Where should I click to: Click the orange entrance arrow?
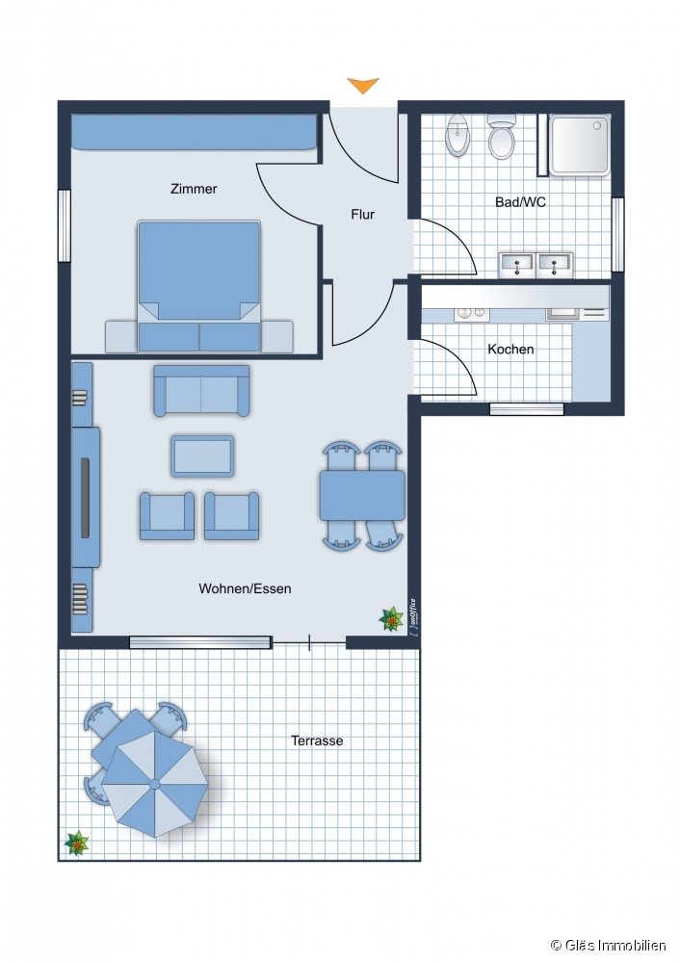[x=363, y=86]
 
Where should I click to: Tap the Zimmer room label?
[x=194, y=189]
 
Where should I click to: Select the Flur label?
[x=362, y=215]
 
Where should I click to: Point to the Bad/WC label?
[x=520, y=202]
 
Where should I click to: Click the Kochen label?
[x=510, y=349]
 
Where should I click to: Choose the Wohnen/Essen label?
[x=245, y=588]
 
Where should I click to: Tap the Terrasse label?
[x=317, y=741]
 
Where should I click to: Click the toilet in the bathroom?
[x=501, y=136]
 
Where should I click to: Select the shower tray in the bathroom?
[x=580, y=145]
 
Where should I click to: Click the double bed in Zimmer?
[x=199, y=286]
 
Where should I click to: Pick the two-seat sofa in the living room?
[x=201, y=391]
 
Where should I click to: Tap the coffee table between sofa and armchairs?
[x=202, y=456]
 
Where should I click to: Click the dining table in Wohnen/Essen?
[x=362, y=496]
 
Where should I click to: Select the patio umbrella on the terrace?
[x=154, y=784]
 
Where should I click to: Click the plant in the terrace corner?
[x=77, y=844]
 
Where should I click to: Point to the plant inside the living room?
[x=391, y=619]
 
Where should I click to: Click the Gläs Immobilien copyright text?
[x=608, y=946]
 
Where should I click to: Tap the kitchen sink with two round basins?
[x=472, y=313]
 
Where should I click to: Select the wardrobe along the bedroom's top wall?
[x=195, y=132]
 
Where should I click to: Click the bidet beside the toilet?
[x=458, y=136]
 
